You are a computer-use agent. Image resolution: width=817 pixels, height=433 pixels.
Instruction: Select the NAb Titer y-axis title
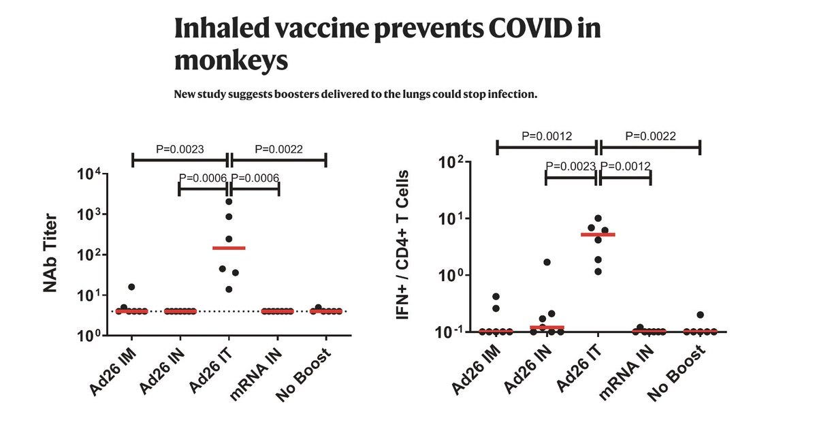point(50,253)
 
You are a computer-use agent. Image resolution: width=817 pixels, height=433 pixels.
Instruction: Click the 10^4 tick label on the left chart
point(91,174)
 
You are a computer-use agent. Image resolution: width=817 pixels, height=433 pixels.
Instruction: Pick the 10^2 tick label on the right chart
point(457,162)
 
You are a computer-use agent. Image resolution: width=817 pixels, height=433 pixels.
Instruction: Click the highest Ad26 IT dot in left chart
point(229,202)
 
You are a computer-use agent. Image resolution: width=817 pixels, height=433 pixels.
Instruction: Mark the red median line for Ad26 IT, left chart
point(229,248)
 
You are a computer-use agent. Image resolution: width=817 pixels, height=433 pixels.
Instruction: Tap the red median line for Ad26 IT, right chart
point(598,234)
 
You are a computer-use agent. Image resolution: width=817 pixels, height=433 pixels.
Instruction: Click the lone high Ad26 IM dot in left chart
point(131,287)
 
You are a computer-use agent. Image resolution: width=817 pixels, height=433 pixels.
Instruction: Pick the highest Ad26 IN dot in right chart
point(547,262)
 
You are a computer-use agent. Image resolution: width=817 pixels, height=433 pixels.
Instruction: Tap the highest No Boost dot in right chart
point(700,315)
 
